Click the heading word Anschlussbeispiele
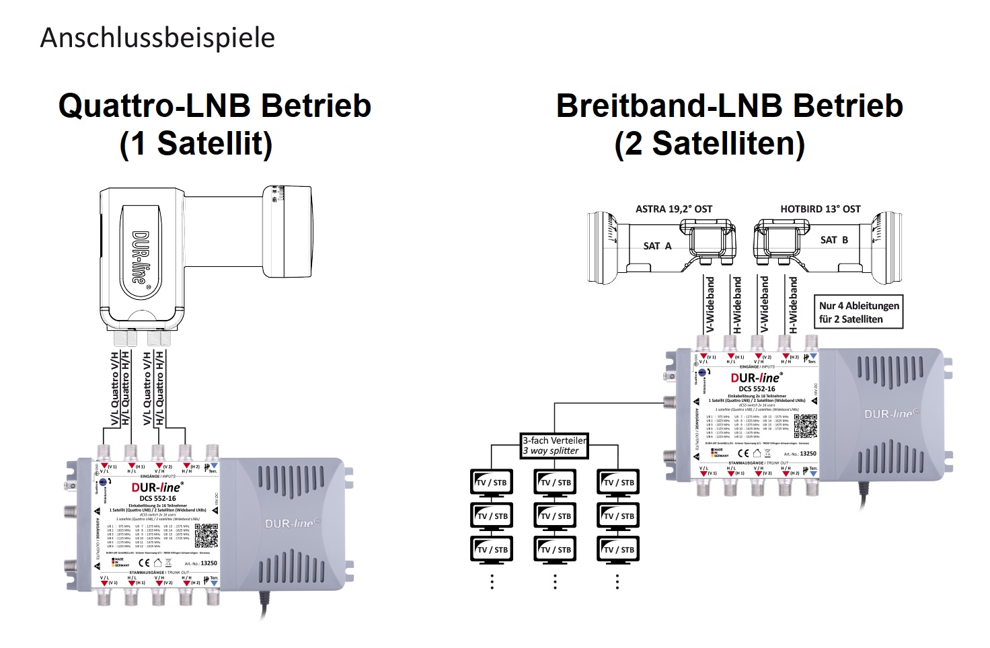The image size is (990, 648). [157, 38]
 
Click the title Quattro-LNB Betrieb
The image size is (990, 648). [215, 106]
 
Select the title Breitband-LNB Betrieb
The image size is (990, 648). [729, 106]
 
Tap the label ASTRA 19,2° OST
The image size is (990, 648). [673, 209]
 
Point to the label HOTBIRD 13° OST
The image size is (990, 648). [820, 209]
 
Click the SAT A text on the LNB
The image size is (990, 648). [657, 246]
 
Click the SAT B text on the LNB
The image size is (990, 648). [834, 240]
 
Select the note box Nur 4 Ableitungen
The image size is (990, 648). [859, 312]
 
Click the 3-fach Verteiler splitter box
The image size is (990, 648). [554, 446]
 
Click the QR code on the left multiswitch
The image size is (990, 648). [206, 536]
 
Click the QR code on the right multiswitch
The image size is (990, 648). [805, 426]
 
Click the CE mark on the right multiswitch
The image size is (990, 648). [743, 454]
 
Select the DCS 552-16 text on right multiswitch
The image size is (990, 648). [757, 389]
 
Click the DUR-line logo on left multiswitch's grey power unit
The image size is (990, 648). [293, 524]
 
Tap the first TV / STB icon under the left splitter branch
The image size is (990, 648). [492, 482]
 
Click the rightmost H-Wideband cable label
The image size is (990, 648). [793, 305]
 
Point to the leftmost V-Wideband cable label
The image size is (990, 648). [710, 305]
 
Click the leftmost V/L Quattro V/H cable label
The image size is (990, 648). [114, 389]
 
